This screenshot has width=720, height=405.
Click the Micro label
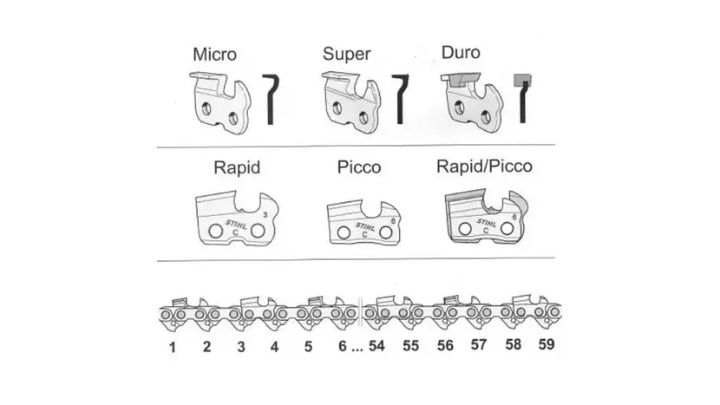[214, 54]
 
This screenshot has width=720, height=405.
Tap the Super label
[346, 53]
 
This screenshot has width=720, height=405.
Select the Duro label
[461, 52]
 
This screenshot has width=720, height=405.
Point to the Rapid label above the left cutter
[237, 167]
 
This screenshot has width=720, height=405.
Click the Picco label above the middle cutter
[359, 167]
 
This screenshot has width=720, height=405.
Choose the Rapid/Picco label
[484, 167]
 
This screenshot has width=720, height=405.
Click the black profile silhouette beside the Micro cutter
[271, 99]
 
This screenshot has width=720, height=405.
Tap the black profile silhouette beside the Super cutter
[400, 99]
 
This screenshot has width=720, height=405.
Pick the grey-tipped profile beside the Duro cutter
[522, 98]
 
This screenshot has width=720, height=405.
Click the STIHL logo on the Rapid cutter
[236, 225]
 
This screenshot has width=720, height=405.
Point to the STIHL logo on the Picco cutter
[365, 226]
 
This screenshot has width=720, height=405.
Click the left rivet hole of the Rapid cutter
[215, 231]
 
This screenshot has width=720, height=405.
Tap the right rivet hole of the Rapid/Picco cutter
[507, 228]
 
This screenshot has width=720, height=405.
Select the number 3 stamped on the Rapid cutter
[265, 214]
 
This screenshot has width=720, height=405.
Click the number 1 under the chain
[173, 347]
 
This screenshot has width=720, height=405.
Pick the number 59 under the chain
[546, 344]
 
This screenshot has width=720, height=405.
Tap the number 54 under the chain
[376, 346]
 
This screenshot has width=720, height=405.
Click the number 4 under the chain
[274, 347]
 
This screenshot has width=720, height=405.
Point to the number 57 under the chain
[479, 345]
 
